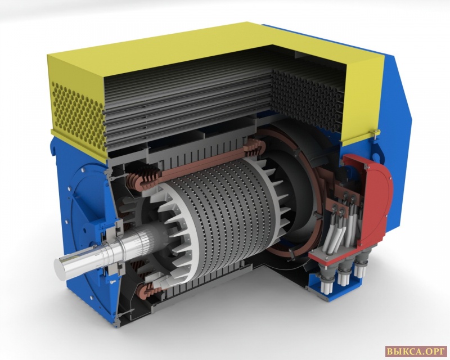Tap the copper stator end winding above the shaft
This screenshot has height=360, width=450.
pyautogui.click(x=143, y=178)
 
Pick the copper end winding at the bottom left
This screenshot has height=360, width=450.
pyautogui.click(x=148, y=290)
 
